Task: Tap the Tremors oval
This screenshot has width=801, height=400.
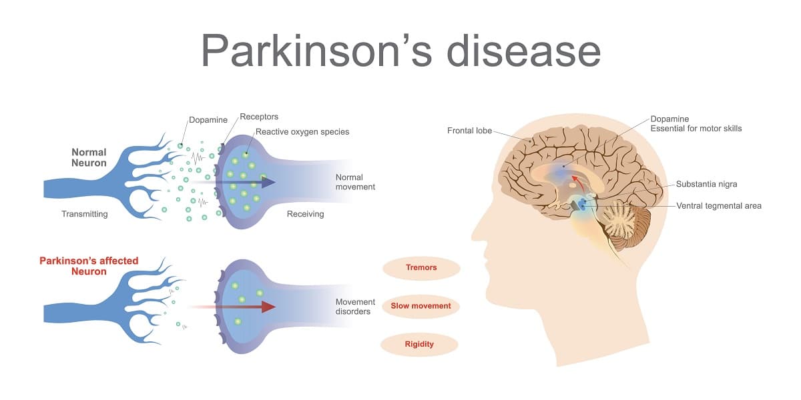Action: click(421, 268)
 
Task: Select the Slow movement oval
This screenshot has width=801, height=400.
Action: click(421, 306)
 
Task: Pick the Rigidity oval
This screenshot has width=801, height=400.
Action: click(419, 344)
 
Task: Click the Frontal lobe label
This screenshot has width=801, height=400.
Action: click(469, 131)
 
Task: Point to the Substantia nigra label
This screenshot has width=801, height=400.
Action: click(706, 184)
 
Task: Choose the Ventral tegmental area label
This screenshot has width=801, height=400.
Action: click(718, 206)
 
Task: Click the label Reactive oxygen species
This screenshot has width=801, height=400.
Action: click(302, 132)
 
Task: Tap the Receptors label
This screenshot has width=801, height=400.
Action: click(259, 117)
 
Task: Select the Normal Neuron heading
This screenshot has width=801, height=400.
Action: click(89, 157)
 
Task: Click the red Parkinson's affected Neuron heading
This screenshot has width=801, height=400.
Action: click(89, 266)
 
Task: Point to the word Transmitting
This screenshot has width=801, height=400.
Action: click(85, 214)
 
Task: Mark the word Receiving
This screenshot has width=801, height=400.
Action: click(305, 214)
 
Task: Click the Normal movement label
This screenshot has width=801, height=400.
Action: click(355, 182)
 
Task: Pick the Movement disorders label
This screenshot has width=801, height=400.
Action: click(355, 307)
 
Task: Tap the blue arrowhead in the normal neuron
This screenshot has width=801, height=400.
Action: click(268, 182)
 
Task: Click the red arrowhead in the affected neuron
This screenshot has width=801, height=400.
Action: click(268, 307)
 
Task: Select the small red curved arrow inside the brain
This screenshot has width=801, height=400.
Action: click(577, 181)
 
